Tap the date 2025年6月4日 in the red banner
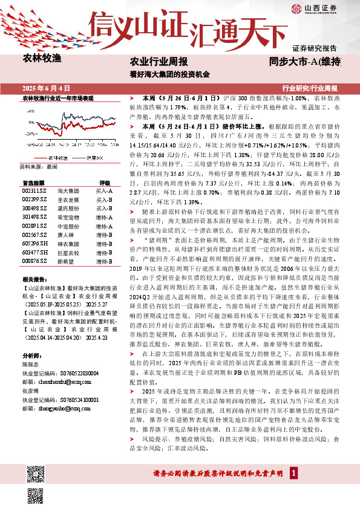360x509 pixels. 47,88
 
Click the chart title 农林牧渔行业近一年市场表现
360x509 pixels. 58,97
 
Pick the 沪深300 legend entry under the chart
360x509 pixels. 88,157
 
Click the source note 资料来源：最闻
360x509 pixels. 38,166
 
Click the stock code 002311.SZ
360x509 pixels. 31,190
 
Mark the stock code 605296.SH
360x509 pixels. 32,242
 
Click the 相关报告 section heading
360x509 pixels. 31,279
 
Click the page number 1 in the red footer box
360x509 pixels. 293,472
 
